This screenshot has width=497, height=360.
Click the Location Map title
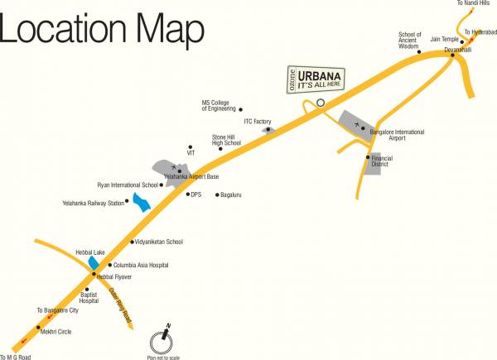coord(103,31)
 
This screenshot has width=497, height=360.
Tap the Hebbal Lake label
coord(89,251)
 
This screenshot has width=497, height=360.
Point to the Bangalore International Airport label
coord(397,135)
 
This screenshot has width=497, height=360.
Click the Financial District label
coord(382,161)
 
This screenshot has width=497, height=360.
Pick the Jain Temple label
coord(444,39)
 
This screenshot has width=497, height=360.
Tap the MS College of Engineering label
coord(218,106)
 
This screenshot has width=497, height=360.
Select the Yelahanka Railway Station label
coord(93,203)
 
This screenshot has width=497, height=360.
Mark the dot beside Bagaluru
coord(217,195)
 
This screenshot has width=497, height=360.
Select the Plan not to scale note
coord(162,357)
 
